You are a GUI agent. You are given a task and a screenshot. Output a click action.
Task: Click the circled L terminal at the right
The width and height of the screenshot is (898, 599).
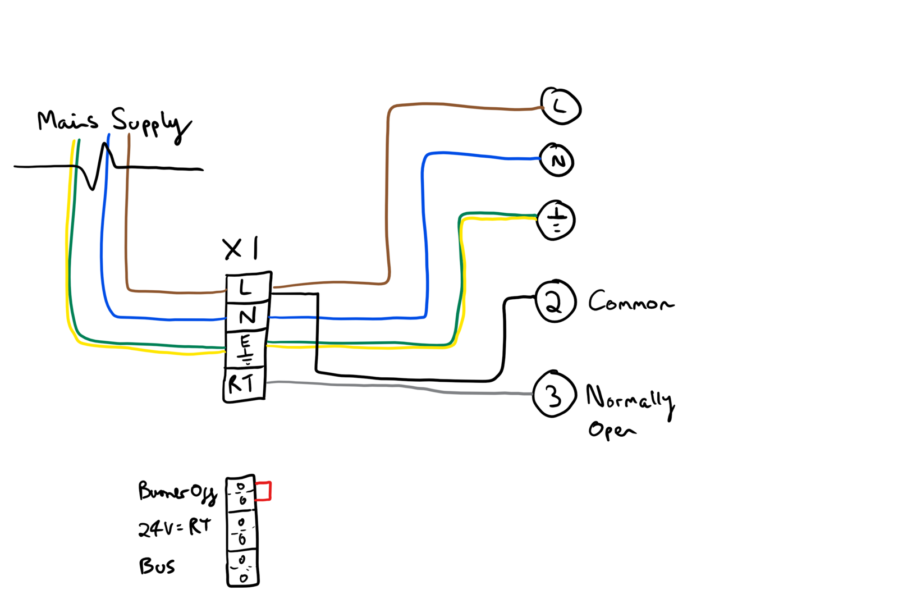[x=560, y=106]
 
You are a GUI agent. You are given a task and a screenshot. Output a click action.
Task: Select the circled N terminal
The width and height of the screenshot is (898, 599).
[x=557, y=161]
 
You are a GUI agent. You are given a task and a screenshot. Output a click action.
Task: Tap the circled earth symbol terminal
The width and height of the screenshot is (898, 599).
[x=556, y=220]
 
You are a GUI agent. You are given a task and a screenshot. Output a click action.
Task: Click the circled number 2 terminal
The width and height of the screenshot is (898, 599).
[x=555, y=301]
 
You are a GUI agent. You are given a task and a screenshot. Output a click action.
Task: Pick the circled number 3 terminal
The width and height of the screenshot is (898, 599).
[x=554, y=395]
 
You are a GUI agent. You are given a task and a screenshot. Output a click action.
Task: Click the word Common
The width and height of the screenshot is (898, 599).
[x=630, y=301]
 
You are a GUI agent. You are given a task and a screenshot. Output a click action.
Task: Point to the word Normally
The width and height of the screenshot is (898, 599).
[x=629, y=398]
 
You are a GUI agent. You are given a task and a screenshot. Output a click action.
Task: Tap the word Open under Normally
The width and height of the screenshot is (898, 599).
[x=611, y=430]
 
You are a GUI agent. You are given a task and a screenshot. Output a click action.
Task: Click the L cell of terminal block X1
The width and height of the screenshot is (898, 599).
[x=248, y=289]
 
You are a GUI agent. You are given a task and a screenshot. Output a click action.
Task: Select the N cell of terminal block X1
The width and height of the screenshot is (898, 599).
[x=247, y=317]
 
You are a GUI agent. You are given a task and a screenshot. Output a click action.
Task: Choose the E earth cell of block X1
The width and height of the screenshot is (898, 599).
[x=246, y=349]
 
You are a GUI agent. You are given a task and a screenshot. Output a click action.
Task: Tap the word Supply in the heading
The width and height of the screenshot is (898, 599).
[x=150, y=124]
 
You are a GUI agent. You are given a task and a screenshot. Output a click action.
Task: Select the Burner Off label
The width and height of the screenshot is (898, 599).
[x=177, y=491]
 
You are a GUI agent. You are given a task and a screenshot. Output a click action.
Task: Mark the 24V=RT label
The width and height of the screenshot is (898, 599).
[x=175, y=528]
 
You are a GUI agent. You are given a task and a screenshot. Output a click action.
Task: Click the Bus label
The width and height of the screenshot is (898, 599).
[x=157, y=565]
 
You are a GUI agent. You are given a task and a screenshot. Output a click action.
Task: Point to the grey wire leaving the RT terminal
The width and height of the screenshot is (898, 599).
[x=393, y=386]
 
